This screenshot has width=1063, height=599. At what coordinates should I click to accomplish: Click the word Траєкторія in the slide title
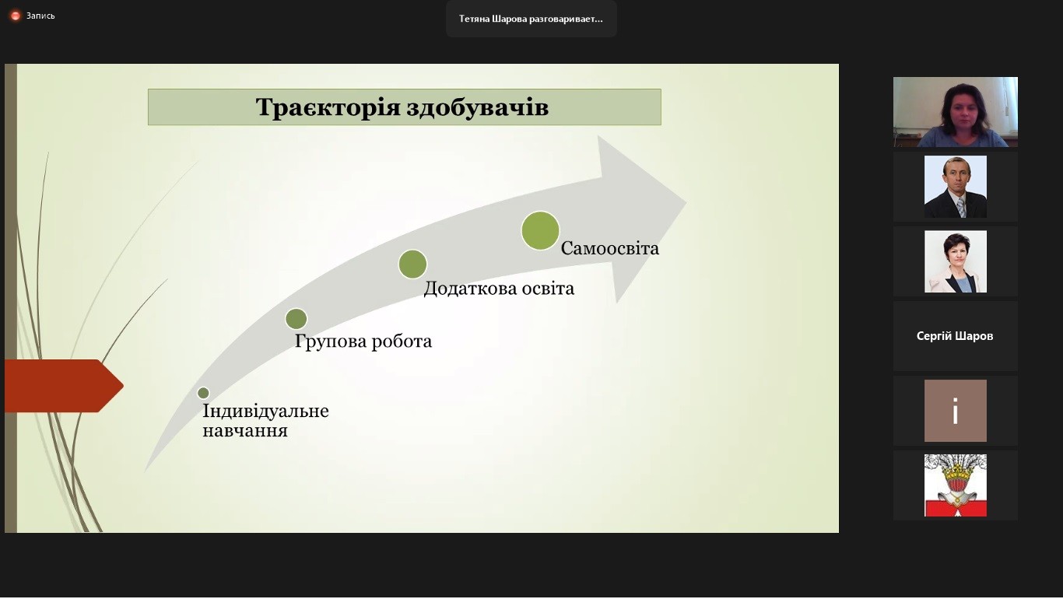click(328, 107)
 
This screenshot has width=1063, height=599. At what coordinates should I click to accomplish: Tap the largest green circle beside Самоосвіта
click(540, 230)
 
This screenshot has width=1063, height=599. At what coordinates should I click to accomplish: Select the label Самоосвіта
click(610, 248)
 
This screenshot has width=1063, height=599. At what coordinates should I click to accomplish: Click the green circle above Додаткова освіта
click(412, 264)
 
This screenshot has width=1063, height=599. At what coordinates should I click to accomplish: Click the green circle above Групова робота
click(296, 319)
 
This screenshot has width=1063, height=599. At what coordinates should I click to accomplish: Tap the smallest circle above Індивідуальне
click(203, 393)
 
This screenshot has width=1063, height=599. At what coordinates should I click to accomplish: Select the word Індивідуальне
click(265, 411)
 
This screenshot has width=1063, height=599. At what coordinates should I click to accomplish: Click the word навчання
click(245, 430)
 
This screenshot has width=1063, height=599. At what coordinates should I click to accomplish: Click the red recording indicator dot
click(15, 16)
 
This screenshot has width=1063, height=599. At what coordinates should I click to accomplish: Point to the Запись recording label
click(40, 16)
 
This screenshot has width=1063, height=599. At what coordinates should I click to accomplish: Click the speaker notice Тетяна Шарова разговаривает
click(531, 19)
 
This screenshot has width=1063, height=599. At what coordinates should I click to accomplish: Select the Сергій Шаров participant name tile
click(955, 336)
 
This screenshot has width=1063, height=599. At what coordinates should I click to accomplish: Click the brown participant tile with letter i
click(955, 411)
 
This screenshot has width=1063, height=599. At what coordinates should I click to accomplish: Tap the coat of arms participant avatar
click(955, 485)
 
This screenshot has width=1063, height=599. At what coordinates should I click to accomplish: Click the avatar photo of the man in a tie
click(955, 187)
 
